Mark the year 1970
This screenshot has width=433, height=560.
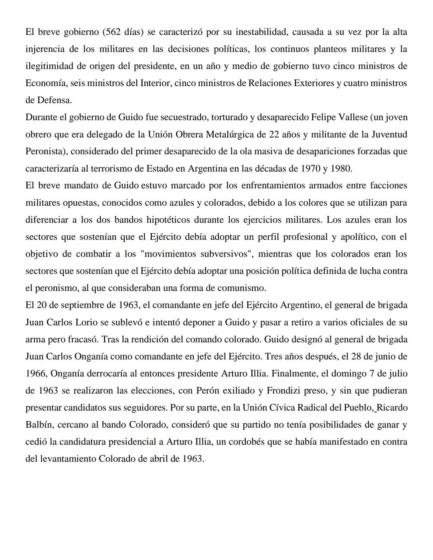(x=310, y=168)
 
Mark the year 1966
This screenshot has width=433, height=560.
(x=36, y=374)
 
